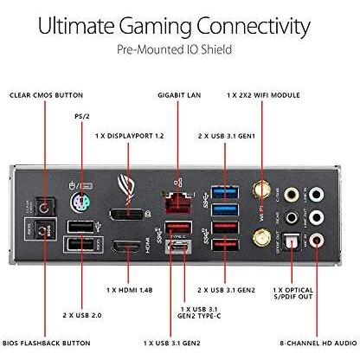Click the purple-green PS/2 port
pyautogui.click(x=80, y=202)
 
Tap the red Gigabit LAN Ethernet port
pyautogui.click(x=178, y=202)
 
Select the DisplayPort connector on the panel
pyautogui.click(x=127, y=215)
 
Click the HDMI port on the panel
pyautogui.click(x=127, y=247)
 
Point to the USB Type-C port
pyautogui.click(x=178, y=247)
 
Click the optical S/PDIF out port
pyautogui.click(x=292, y=241)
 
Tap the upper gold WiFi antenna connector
pyautogui.click(x=262, y=190)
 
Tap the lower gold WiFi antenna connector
pyautogui.click(x=262, y=238)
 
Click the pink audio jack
pyautogui.click(x=317, y=240)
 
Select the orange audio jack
pyautogui.click(x=292, y=195)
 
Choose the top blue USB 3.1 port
pyautogui.click(x=225, y=192)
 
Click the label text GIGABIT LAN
pyautogui.click(x=179, y=95)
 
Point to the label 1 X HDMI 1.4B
pyautogui.click(x=130, y=290)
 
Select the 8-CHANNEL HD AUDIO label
pyautogui.click(x=318, y=344)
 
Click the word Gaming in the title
pyautogui.click(x=155, y=27)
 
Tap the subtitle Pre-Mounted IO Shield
pyautogui.click(x=174, y=49)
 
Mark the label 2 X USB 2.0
pyautogui.click(x=82, y=315)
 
